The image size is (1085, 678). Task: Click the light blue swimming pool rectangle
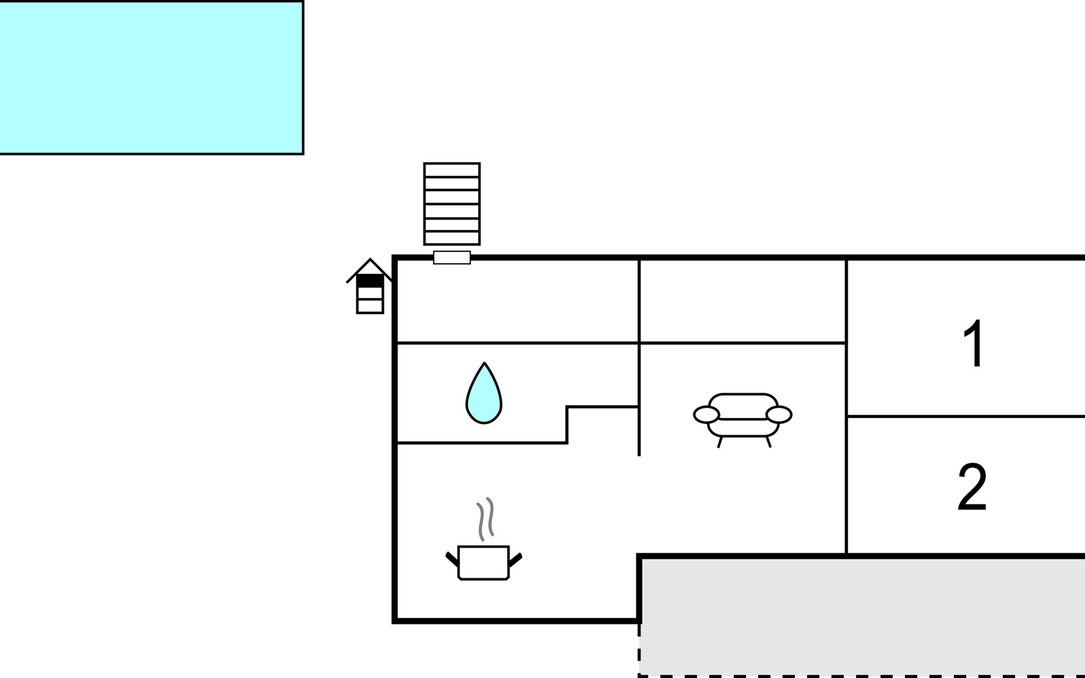point(151,77)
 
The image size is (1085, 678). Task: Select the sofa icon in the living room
point(743,420)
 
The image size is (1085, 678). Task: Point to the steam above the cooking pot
point(485,519)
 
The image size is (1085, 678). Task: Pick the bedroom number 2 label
point(972,487)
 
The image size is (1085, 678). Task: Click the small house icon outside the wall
point(370,286)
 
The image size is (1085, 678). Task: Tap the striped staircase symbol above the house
point(452,204)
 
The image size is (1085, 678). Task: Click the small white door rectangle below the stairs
point(452,258)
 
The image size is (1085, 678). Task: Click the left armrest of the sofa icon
point(706,415)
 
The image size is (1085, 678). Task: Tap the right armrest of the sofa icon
point(779,415)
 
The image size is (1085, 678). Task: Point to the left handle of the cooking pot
point(452,559)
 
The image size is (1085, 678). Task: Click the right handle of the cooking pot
point(515,560)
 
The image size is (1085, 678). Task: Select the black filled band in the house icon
point(370,280)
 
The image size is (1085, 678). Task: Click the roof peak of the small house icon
point(370,259)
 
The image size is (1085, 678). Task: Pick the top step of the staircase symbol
point(452,170)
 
